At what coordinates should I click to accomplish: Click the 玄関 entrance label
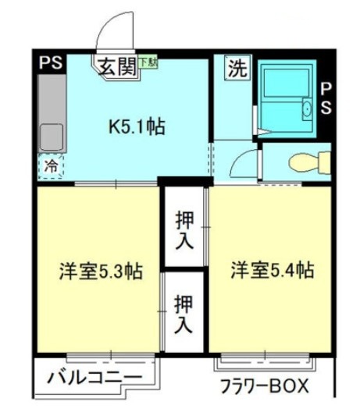117,67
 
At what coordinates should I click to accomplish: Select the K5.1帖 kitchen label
136,126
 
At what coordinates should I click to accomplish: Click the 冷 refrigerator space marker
51,165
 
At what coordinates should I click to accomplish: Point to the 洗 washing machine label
235,68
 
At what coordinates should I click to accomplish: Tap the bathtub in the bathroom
284,98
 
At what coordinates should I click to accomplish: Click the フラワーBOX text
263,386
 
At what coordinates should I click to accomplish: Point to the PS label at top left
51,63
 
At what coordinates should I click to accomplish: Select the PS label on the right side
326,98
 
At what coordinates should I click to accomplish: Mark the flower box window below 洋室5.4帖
267,361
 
